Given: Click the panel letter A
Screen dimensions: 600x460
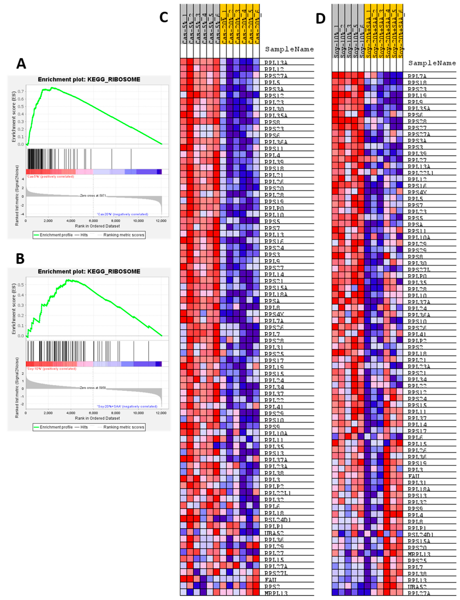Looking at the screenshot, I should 21,64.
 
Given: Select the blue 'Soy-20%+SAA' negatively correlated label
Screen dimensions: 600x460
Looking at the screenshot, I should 127,406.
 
